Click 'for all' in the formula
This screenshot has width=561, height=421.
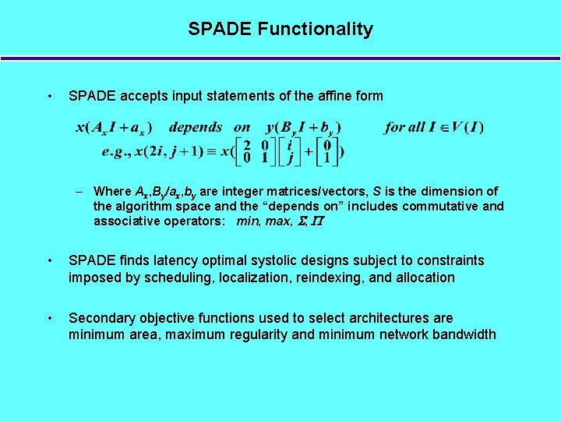click(403, 127)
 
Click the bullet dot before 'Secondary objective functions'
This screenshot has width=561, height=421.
click(50, 318)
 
